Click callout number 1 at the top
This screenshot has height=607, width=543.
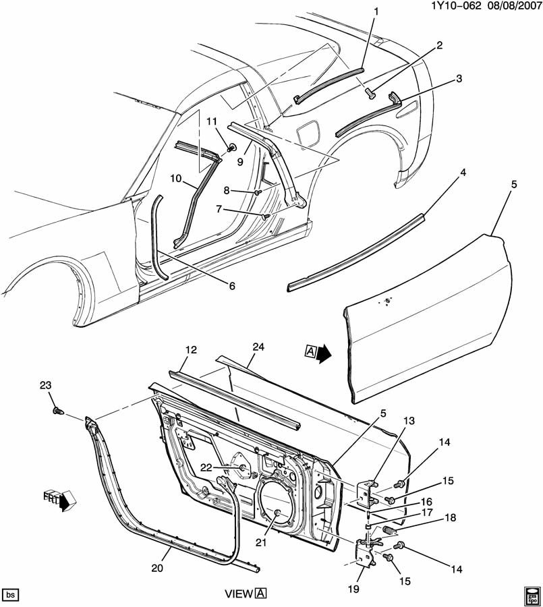[x=376, y=11]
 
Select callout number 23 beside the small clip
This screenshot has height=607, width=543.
[x=46, y=386]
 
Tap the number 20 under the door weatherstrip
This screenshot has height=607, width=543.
[x=158, y=569]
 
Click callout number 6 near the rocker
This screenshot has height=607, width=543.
[x=231, y=286]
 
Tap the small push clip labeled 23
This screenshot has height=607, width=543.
[x=57, y=409]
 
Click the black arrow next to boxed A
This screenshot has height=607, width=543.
[x=324, y=352]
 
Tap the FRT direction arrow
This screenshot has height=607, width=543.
[x=65, y=502]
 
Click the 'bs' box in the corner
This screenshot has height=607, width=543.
[x=11, y=595]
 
